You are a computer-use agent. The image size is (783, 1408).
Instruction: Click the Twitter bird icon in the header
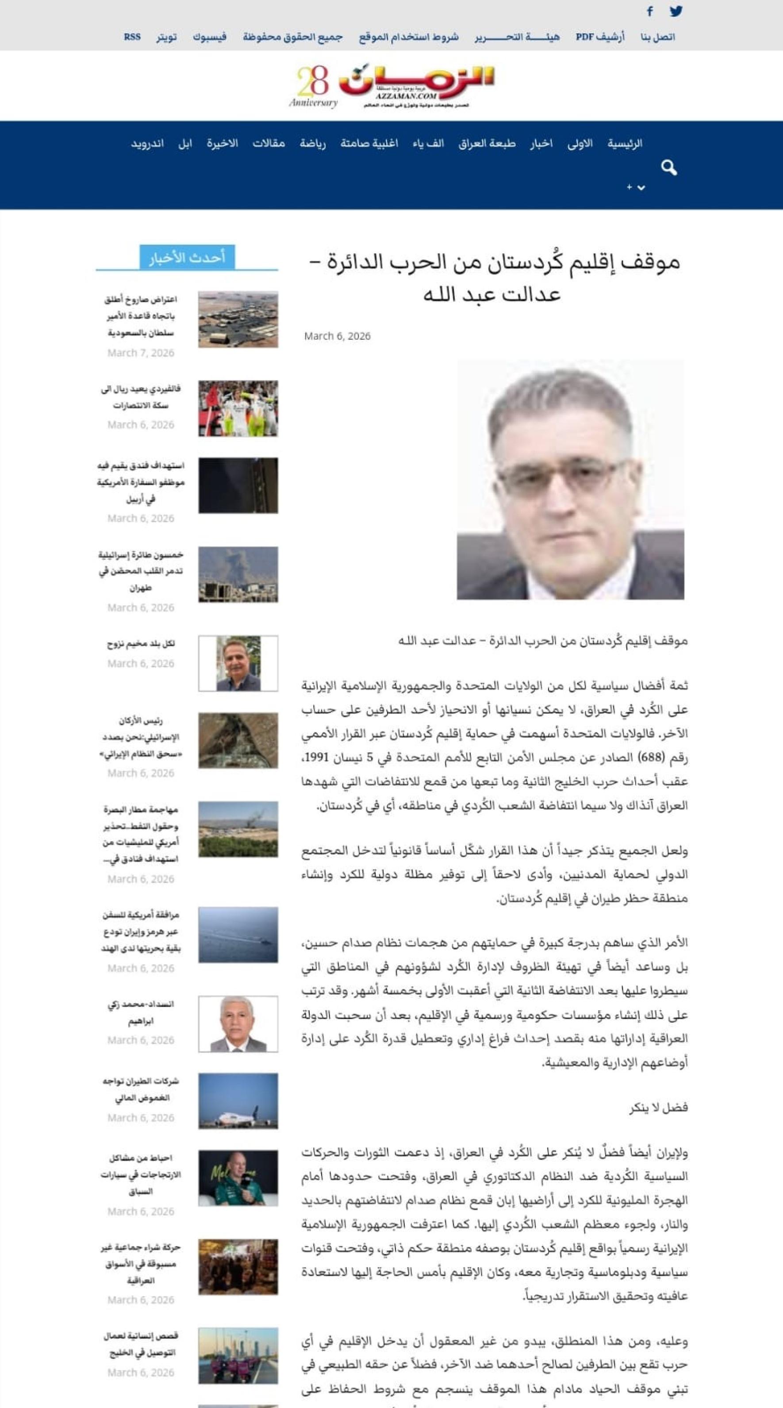[676, 11]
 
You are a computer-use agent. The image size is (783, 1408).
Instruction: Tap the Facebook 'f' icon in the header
[650, 11]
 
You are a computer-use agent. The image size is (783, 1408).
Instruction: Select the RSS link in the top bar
[132, 37]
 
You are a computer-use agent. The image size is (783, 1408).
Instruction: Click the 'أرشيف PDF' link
[599, 37]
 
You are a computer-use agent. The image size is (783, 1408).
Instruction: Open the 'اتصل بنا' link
[657, 37]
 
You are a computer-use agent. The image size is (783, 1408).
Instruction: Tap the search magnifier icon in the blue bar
[669, 168]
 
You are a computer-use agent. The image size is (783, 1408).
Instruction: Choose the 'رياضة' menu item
[313, 143]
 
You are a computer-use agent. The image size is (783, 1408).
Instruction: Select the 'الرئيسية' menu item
[625, 143]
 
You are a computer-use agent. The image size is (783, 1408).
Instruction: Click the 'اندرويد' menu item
[147, 143]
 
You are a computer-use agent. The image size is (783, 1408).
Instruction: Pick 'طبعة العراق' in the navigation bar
[486, 143]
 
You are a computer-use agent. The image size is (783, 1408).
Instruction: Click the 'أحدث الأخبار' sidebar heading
[187, 258]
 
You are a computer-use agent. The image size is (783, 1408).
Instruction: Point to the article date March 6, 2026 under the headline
[337, 336]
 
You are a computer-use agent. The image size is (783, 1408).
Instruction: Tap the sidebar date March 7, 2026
[141, 353]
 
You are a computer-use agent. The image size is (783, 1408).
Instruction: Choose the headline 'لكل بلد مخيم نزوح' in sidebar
[141, 644]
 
